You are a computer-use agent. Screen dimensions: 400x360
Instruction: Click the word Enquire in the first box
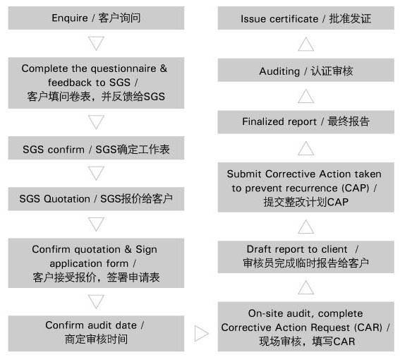tap(70, 18)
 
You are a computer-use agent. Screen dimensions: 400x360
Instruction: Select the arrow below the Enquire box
tap(96, 43)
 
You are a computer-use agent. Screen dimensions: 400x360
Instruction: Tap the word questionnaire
tap(123, 68)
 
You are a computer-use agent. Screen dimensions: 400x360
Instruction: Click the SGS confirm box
tap(96, 148)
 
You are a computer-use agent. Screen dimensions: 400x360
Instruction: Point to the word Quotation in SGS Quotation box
tap(67, 199)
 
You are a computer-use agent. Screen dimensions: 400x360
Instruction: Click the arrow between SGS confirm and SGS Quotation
tap(96, 173)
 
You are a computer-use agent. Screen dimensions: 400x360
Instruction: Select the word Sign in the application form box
tap(146, 250)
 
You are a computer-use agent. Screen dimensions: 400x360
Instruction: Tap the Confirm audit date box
tap(96, 333)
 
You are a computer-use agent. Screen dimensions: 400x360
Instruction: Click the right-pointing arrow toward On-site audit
tap(202, 333)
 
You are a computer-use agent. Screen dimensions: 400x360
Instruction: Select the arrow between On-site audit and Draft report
tap(306, 287)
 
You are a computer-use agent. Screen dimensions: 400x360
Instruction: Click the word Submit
tap(244, 174)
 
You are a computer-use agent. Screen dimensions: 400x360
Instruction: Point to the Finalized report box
tap(306, 122)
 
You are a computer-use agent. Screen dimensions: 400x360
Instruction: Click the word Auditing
tap(279, 71)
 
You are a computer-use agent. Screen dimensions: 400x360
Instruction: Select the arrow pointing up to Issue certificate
tap(306, 44)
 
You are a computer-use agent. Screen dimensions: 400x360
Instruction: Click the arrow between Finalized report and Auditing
tap(306, 96)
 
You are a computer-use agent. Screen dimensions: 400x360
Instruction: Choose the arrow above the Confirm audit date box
tap(96, 301)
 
